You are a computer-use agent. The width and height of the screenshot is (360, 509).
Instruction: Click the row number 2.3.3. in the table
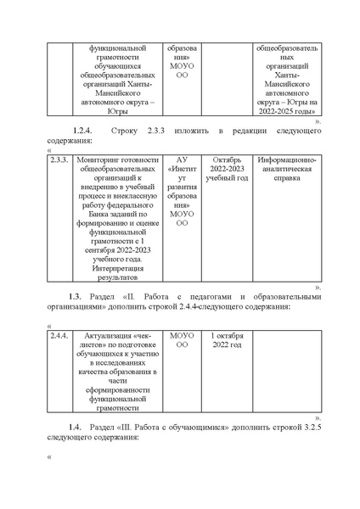point(59,159)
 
